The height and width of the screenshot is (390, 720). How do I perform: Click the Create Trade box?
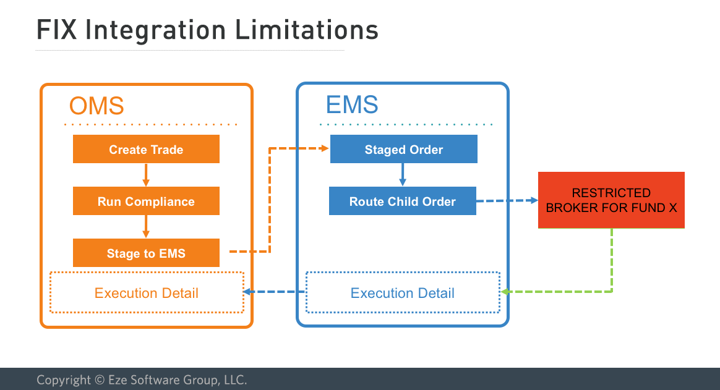[x=146, y=150]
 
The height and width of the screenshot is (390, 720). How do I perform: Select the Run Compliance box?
[x=146, y=201]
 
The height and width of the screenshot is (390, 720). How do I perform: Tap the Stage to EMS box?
[x=146, y=253]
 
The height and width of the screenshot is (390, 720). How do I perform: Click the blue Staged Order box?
[x=403, y=150]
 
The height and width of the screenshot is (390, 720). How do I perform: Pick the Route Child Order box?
[x=402, y=201]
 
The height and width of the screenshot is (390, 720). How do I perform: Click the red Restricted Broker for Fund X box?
[x=611, y=200]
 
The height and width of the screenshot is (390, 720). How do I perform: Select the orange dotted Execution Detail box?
[x=147, y=292]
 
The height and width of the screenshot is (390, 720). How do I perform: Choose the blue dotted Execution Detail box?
[x=403, y=292]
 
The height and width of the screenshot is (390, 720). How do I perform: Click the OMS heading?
[x=96, y=106]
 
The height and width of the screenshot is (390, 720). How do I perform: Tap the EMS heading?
[x=352, y=104]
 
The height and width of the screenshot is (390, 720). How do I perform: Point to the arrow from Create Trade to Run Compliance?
[x=146, y=175]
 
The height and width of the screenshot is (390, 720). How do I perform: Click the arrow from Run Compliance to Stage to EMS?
[x=146, y=227]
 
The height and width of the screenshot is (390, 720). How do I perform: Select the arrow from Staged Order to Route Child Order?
[x=402, y=175]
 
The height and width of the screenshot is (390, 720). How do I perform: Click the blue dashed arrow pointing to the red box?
[x=507, y=200]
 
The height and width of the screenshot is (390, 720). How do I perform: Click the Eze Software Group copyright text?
[x=142, y=379]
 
